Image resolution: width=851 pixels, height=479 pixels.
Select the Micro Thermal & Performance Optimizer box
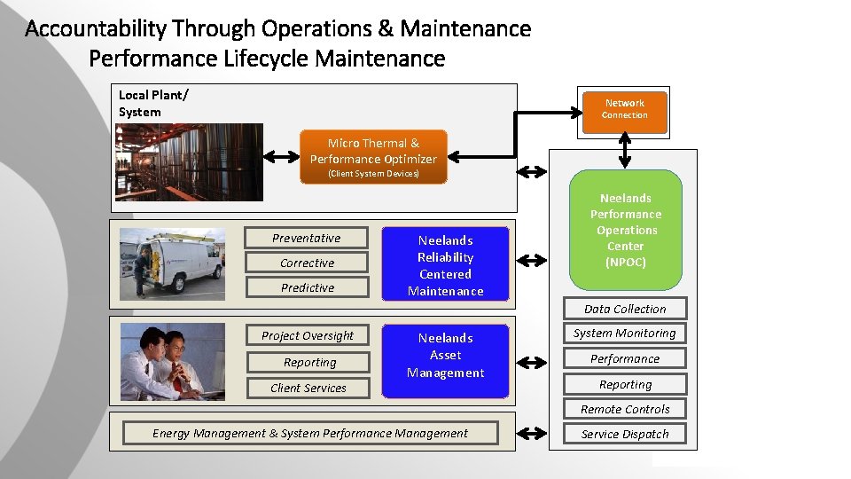373,157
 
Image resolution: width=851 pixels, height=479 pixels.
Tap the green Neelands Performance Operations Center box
625,231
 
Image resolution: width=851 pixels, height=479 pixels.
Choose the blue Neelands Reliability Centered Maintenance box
445,264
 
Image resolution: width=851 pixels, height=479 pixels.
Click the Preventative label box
307,238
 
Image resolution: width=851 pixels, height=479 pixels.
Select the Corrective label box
307,263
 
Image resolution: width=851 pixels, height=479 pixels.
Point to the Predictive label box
307,287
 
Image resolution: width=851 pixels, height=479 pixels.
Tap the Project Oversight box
308,335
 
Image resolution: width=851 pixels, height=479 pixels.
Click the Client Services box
308,388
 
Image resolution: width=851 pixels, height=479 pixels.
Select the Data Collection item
625,309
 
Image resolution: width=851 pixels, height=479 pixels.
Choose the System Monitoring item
625,334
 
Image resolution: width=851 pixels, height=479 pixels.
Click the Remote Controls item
625,409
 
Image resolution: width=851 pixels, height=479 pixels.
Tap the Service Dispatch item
625,434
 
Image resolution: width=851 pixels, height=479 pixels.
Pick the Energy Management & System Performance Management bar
310,433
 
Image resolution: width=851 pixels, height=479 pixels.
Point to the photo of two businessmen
172,360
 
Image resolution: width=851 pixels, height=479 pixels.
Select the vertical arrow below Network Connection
625,151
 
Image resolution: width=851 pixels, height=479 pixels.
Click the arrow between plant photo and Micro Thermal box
283,157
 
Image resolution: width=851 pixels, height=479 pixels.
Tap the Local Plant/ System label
153,103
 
